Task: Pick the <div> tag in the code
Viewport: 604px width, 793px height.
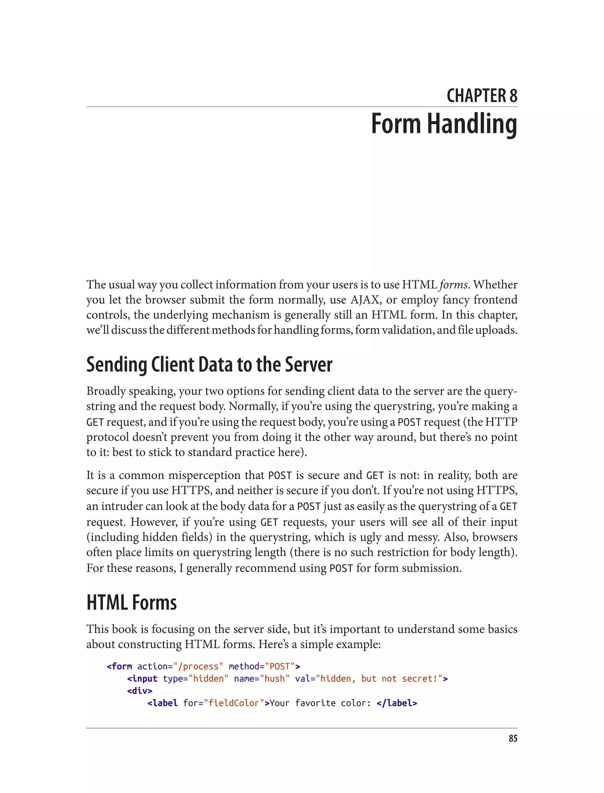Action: [x=139, y=691]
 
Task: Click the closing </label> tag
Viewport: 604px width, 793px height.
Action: [x=397, y=703]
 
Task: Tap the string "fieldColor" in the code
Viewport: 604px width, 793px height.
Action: [x=234, y=703]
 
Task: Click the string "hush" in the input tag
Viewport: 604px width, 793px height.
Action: [x=275, y=679]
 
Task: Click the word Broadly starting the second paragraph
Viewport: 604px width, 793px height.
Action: [x=106, y=391]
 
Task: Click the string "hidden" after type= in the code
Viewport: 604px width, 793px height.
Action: [x=208, y=679]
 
